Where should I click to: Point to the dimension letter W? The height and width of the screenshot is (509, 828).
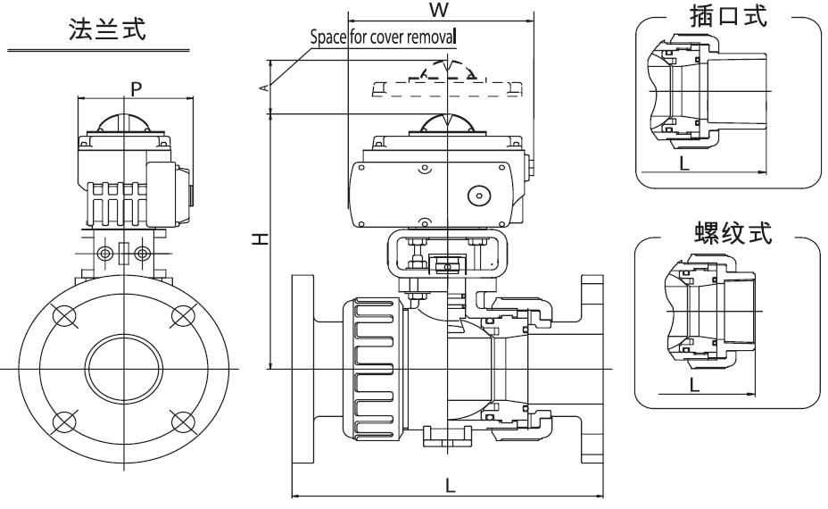tap(437, 10)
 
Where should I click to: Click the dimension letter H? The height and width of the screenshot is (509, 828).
tap(257, 239)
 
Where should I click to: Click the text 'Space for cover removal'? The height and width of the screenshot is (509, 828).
tap(382, 38)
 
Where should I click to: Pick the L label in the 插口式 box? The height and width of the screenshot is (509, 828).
tap(683, 163)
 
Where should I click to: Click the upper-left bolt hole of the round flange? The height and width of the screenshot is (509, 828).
tap(65, 315)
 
